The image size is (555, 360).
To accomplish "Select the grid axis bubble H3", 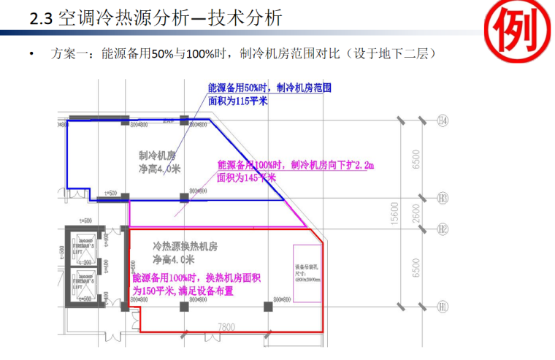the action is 443,197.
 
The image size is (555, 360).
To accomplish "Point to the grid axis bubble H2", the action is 443,229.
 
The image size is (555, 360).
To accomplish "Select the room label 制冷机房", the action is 158,156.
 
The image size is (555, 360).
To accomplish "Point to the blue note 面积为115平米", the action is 238,102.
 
